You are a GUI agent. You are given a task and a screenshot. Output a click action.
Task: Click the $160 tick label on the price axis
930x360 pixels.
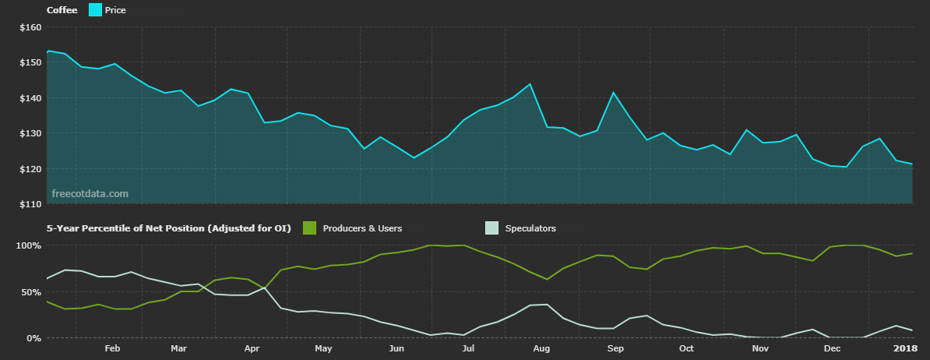pyautogui.click(x=30, y=27)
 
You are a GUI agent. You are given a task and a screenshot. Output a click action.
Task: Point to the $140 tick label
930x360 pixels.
pyautogui.click(x=30, y=98)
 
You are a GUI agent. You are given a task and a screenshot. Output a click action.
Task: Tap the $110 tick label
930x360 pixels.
pyautogui.click(x=30, y=204)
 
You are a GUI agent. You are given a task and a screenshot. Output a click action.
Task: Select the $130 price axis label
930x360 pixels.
pyautogui.click(x=30, y=133)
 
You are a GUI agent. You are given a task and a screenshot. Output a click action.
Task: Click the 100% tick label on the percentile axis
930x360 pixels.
pyautogui.click(x=29, y=245)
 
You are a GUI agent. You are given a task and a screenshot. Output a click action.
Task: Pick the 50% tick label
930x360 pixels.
pyautogui.click(x=31, y=292)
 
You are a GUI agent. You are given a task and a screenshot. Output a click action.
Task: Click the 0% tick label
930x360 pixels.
pyautogui.click(x=33, y=338)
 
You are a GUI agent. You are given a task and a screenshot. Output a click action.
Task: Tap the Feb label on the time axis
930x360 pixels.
pyautogui.click(x=111, y=349)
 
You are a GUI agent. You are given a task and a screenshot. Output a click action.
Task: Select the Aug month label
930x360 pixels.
pyautogui.click(x=541, y=349)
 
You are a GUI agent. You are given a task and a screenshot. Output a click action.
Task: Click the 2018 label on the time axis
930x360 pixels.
pyautogui.click(x=904, y=349)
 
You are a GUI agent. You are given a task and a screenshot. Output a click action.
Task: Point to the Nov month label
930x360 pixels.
pyautogui.click(x=760, y=349)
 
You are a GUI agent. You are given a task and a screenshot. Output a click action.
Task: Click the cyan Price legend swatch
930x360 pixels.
pyautogui.click(x=95, y=10)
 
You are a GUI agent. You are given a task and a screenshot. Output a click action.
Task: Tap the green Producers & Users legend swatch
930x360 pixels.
pyautogui.click(x=309, y=228)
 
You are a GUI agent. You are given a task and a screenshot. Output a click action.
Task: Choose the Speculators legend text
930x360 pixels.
pyautogui.click(x=530, y=228)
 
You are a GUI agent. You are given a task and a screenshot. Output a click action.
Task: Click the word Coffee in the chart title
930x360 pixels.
pyautogui.click(x=62, y=10)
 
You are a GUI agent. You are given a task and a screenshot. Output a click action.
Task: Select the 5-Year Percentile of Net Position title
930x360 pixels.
pyautogui.click(x=168, y=228)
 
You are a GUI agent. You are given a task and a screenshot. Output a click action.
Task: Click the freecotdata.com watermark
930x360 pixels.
pyautogui.click(x=90, y=193)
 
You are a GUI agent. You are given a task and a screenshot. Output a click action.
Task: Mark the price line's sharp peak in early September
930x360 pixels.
pyautogui.click(x=613, y=93)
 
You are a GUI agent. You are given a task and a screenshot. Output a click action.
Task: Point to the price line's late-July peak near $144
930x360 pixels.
pyautogui.click(x=530, y=84)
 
